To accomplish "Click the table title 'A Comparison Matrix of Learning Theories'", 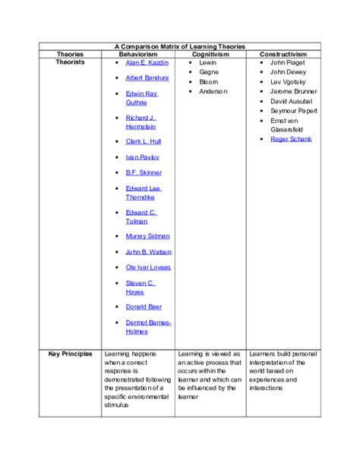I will [180, 46].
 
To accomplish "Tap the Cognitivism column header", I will [210, 55].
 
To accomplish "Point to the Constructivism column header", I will [283, 55].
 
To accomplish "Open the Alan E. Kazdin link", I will [147, 62].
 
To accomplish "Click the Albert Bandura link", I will [147, 78].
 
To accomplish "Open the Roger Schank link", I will [290, 139].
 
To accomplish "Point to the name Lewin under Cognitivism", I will [208, 62].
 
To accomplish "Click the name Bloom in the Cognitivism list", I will [208, 81].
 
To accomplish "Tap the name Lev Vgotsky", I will [288, 81].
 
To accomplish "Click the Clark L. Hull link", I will [144, 141].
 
